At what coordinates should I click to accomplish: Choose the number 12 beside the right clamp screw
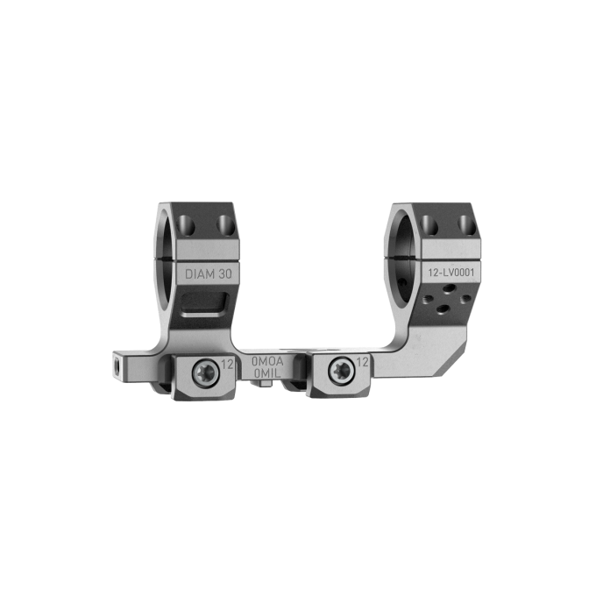(x=360, y=362)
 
